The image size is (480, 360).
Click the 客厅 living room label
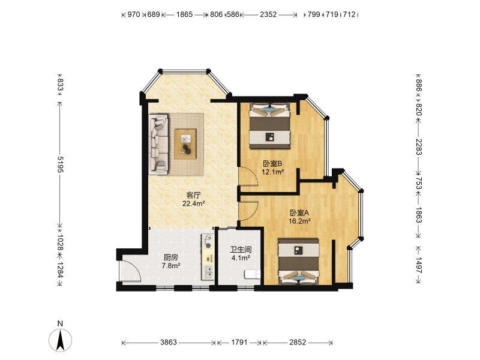193,195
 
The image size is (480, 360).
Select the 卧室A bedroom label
299,213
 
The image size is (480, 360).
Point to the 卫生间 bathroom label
241,250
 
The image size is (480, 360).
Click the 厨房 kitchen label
171,257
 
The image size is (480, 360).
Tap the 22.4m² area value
193,203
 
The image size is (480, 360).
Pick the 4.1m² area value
241,258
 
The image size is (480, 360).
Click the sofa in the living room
158,145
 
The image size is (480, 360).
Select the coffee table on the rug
185,144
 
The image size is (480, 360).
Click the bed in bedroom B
269,126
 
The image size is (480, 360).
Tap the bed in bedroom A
298,262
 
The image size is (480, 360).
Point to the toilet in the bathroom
252,274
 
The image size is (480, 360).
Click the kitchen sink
208,272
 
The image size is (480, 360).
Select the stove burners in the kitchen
208,241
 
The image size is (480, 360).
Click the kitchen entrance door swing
131,270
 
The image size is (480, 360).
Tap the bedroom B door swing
248,176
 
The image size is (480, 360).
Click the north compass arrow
61,340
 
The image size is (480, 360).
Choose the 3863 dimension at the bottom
169,342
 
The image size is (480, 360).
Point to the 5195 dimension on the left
61,164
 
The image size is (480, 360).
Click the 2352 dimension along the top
268,14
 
